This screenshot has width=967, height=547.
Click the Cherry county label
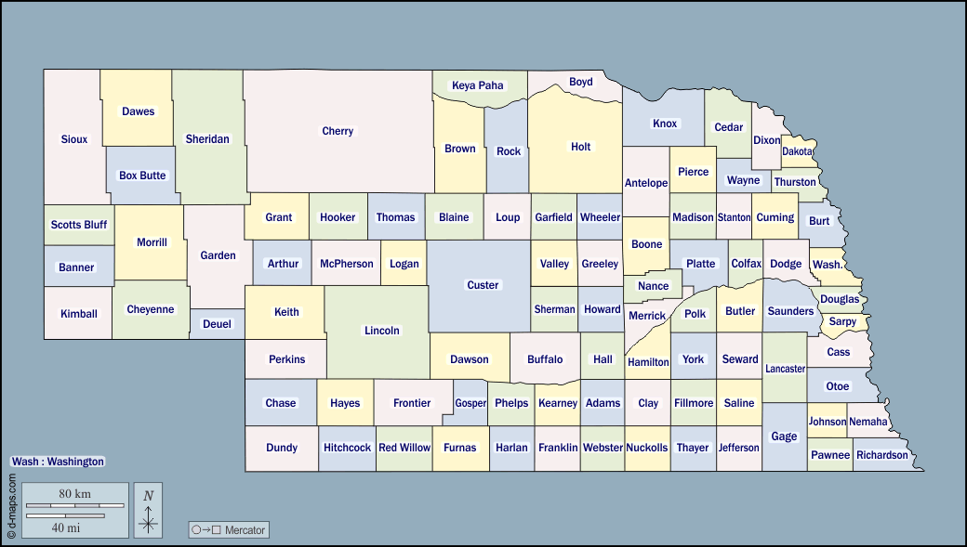click(x=338, y=131)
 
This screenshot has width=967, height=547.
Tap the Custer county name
click(x=483, y=285)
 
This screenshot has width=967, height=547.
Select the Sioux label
click(x=74, y=139)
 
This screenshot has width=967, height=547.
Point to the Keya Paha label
click(x=478, y=85)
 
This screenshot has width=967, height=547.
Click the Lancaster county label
click(x=785, y=369)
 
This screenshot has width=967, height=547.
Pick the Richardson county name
click(x=882, y=455)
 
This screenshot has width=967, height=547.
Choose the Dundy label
click(x=282, y=448)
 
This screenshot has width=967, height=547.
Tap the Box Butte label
click(x=142, y=176)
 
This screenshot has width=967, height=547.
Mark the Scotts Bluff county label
click(x=79, y=225)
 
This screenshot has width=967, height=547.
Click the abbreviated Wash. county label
click(x=828, y=265)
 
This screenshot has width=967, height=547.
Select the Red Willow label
click(x=404, y=448)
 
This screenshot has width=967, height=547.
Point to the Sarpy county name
click(x=842, y=321)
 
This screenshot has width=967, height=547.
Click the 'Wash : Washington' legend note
click(x=58, y=462)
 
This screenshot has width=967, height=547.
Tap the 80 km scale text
click(x=74, y=493)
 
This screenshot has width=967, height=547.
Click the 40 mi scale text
click(x=65, y=527)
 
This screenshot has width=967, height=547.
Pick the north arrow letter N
click(x=148, y=496)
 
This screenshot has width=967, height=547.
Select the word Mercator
click(x=245, y=530)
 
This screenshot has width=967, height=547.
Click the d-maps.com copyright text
click(x=12, y=507)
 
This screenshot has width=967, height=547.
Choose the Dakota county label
click(x=797, y=150)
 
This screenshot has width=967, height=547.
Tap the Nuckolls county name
click(x=646, y=448)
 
